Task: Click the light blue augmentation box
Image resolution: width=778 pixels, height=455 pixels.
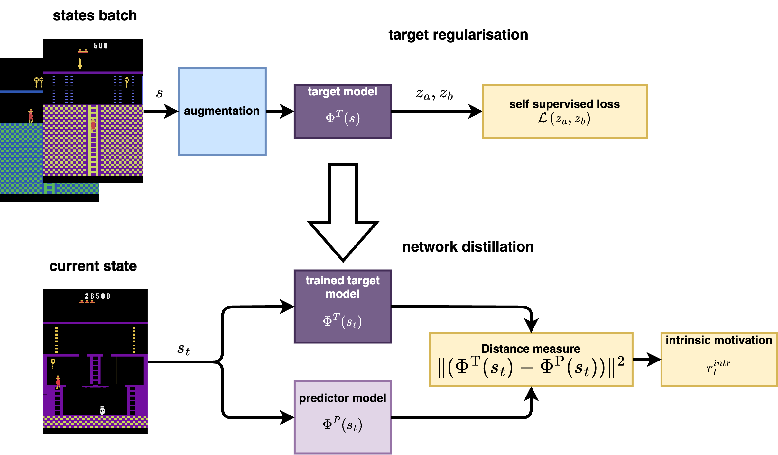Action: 222,111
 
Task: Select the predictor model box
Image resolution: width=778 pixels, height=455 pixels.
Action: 343,417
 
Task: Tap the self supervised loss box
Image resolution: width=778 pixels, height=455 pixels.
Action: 565,111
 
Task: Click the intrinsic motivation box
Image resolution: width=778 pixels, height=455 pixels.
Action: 719,359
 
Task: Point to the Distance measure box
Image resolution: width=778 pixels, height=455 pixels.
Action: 531,359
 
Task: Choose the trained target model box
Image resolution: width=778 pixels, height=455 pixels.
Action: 343,307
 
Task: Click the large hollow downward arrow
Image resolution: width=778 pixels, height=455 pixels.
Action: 343,212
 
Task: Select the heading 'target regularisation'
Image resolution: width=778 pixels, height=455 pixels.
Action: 458,35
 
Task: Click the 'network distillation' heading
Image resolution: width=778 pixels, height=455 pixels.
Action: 468,247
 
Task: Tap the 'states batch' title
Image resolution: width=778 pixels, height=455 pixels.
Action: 95,15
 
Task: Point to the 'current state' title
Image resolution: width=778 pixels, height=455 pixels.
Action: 93,266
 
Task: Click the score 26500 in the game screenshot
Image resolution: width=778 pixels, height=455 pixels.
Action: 97,296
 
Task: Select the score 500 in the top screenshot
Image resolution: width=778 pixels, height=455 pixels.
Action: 101,46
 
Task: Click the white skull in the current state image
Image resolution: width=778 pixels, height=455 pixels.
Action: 102,410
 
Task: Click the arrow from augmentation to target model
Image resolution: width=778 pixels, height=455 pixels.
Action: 280,111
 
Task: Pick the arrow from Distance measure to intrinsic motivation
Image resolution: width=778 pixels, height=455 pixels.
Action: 647,359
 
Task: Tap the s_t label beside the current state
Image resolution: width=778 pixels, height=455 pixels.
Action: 183,349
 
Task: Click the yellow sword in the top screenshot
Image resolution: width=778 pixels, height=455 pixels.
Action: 80,63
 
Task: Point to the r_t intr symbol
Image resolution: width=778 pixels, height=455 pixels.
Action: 718,367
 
